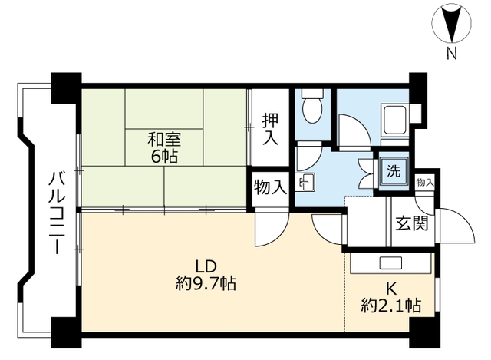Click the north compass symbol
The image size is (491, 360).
451,24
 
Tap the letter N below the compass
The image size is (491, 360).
451,53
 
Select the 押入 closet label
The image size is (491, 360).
269,129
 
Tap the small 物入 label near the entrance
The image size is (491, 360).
424,183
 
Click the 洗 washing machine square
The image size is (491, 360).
391,170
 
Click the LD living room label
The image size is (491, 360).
204,266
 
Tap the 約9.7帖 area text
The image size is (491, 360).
204,285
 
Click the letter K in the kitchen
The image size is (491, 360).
390,289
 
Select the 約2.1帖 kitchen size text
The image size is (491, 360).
390,306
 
